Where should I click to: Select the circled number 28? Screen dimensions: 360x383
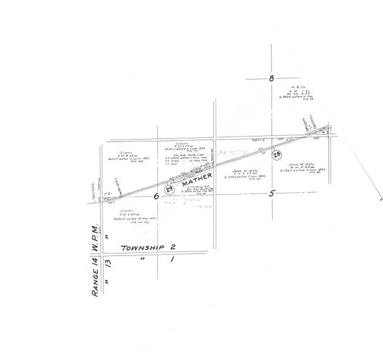tap(276, 156)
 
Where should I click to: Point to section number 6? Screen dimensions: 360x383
tap(156, 197)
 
